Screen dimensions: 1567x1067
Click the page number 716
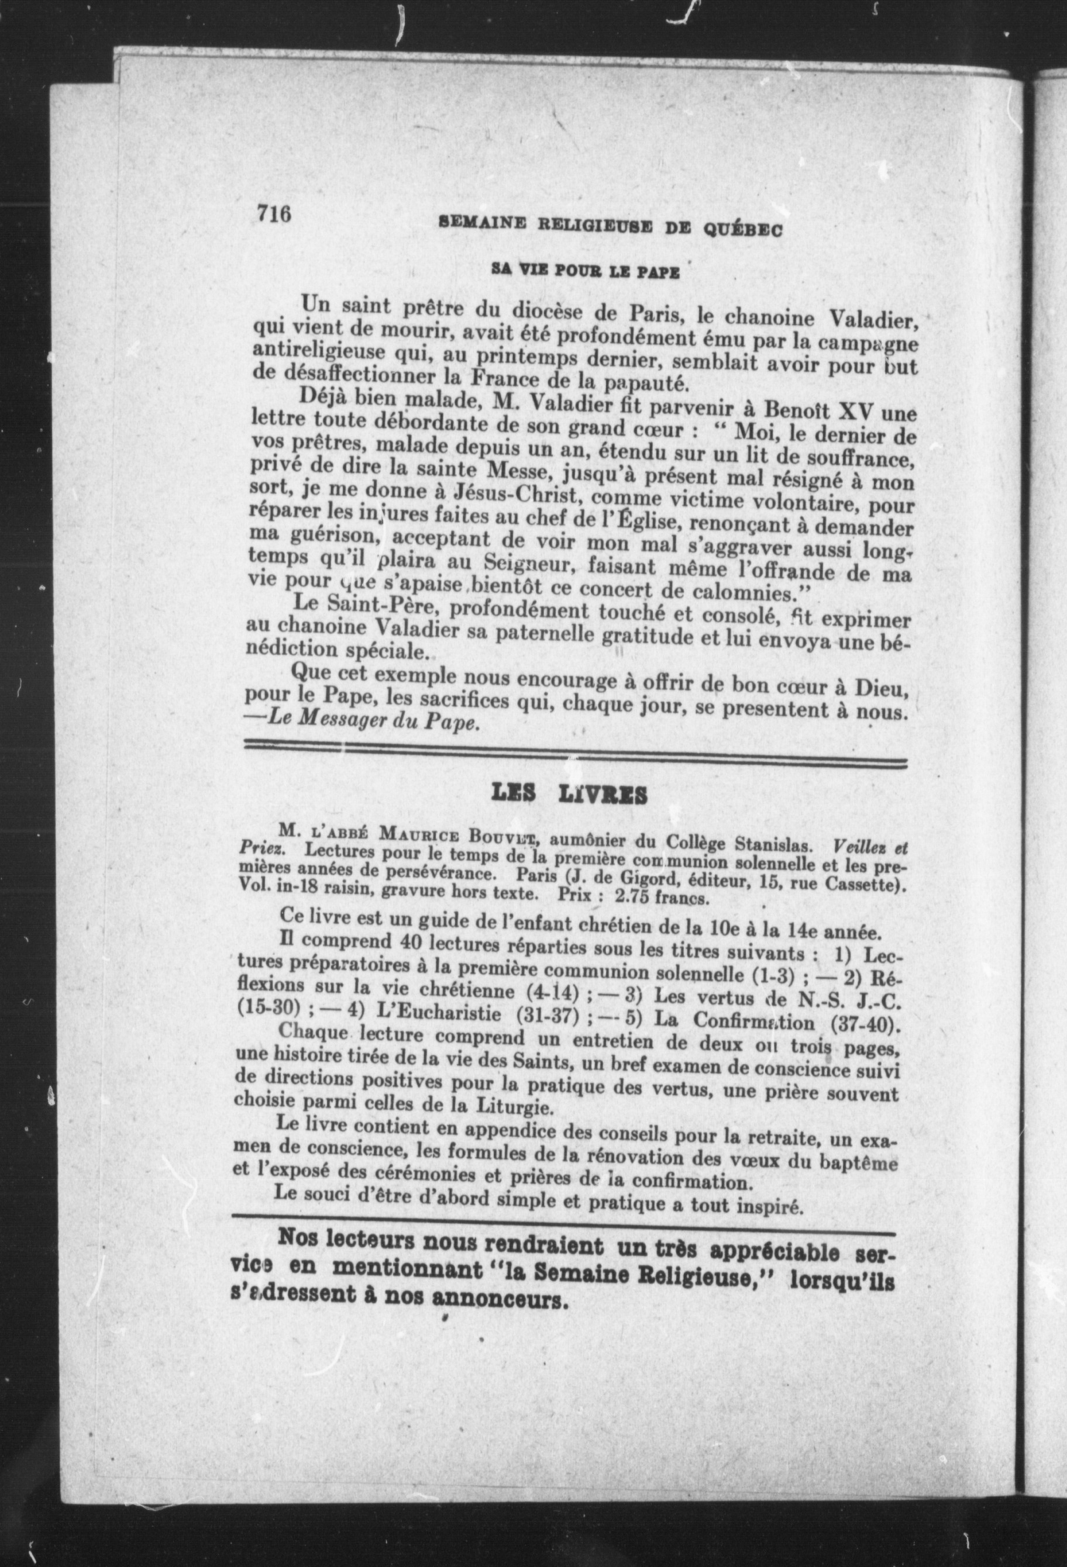[x=273, y=215]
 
